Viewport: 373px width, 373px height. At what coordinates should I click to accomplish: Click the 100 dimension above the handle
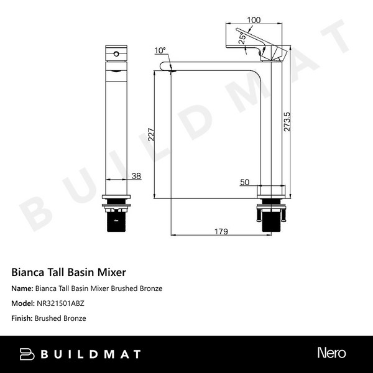pyautogui.click(x=253, y=21)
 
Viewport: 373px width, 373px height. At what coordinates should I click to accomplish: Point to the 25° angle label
pyautogui.click(x=242, y=38)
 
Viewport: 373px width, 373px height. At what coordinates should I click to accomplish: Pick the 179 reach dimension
pyautogui.click(x=221, y=231)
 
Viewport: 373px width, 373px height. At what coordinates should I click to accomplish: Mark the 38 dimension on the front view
pyautogui.click(x=137, y=176)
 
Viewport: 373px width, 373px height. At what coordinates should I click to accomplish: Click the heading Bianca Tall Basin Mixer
pyautogui.click(x=69, y=272)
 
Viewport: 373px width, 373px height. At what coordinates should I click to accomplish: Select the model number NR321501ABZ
pyautogui.click(x=60, y=303)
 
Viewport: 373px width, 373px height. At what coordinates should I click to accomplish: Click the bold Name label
pyautogui.click(x=22, y=288)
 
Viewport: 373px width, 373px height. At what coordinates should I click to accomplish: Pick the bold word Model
pyautogui.click(x=23, y=303)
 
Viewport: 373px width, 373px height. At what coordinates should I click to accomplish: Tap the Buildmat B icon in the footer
pyautogui.click(x=27, y=354)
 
